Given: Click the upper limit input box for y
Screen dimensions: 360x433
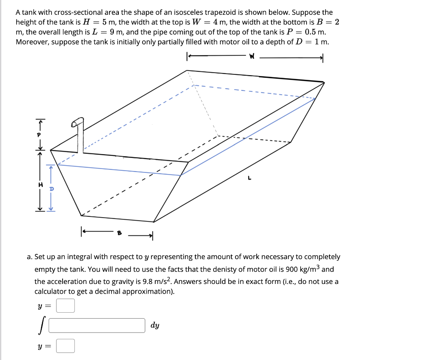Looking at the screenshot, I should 66,305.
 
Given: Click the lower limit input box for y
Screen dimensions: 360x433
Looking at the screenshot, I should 66,346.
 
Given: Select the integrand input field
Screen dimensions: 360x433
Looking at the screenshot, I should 97,325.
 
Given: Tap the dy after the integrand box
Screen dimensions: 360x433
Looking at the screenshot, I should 155,325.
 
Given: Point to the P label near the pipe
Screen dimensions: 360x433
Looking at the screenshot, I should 41,134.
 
